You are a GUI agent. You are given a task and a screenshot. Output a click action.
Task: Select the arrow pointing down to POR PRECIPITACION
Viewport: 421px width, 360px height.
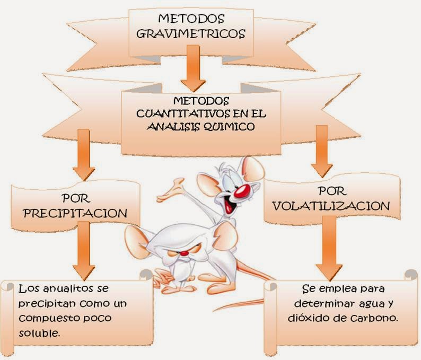click(x=84, y=157)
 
